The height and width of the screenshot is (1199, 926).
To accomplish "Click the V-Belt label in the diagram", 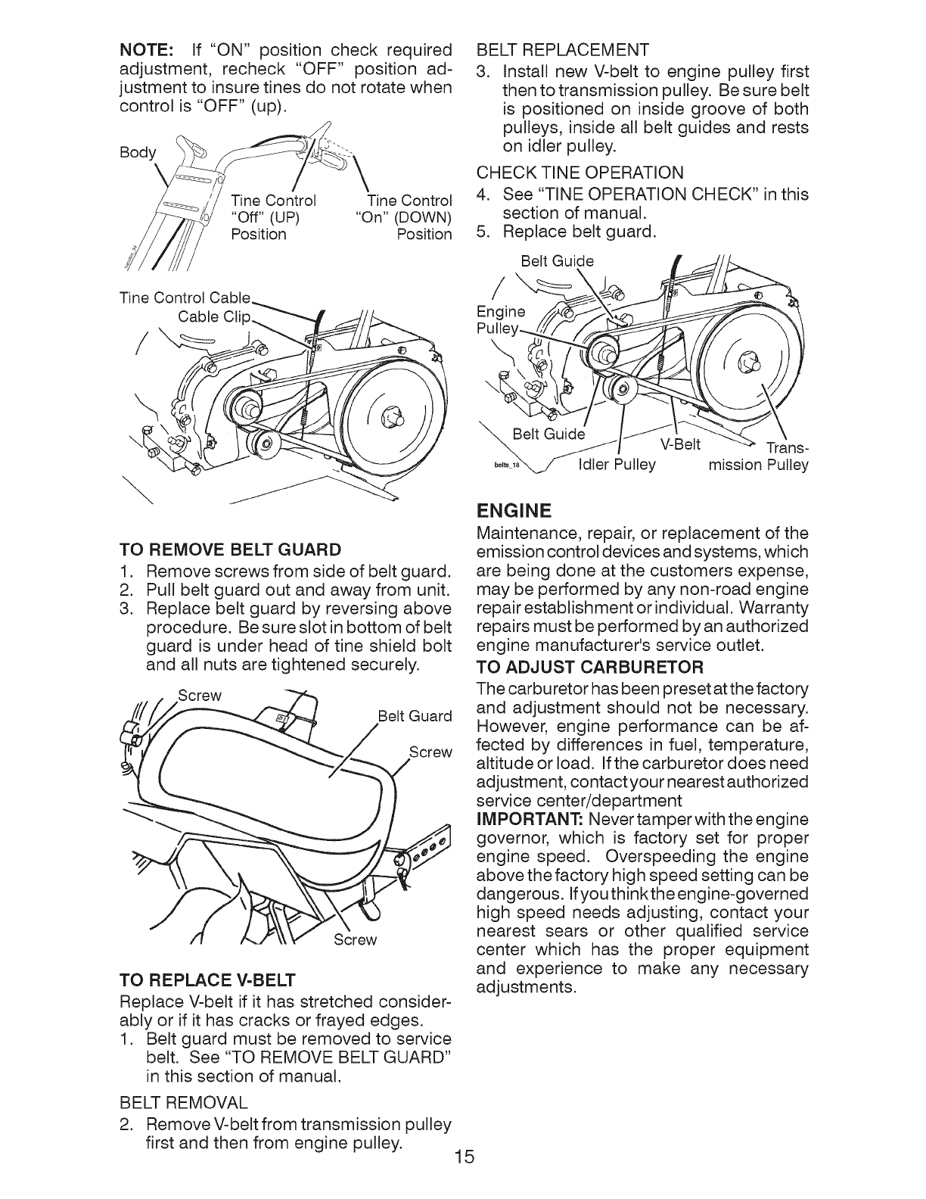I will pos(681,443).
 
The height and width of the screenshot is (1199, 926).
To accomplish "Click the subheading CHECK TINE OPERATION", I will pos(580,173).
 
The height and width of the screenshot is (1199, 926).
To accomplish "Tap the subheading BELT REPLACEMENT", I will pos(562,51).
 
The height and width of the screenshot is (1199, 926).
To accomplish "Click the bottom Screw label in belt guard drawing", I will pos(356,939).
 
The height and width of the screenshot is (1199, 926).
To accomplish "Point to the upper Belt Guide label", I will pos(558,261).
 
